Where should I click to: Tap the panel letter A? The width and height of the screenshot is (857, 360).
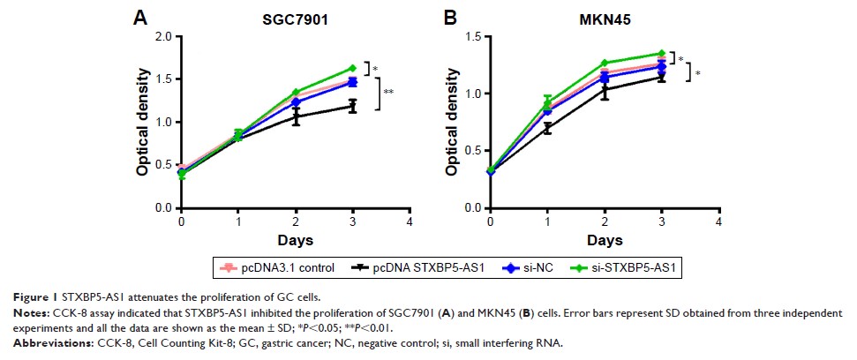(x=139, y=17)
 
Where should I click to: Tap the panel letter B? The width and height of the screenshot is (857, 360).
(x=449, y=17)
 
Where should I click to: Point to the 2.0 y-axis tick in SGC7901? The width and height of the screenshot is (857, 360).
(x=163, y=36)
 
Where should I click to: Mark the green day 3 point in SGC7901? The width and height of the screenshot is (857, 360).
(x=352, y=68)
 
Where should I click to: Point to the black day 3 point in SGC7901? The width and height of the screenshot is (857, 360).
(x=352, y=107)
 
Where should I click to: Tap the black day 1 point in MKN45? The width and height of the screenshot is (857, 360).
(x=547, y=128)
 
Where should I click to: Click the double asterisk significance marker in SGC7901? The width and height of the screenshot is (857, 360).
(x=388, y=92)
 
